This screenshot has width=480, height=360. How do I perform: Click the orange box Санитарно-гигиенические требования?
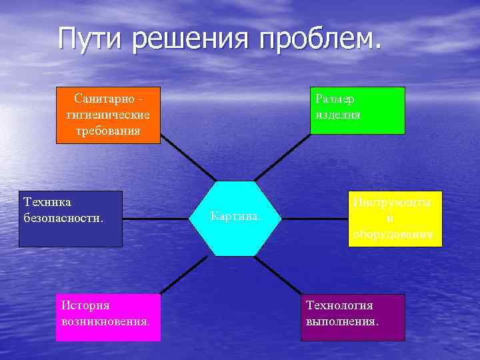(x=108, y=115)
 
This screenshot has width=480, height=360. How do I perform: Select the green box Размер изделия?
(x=357, y=111)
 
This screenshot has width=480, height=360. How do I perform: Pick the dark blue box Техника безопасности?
(x=70, y=219)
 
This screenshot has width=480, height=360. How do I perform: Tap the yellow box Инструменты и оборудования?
(x=395, y=219)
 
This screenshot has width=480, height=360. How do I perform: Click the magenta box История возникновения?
(x=108, y=317)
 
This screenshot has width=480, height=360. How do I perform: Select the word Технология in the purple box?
(x=339, y=306)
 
